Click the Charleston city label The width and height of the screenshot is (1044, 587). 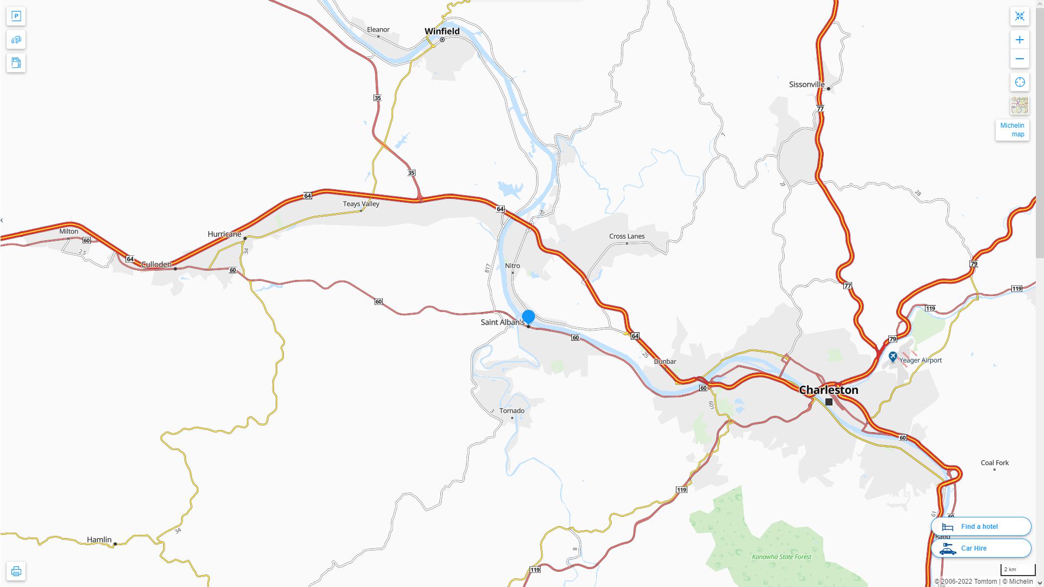[x=828, y=390]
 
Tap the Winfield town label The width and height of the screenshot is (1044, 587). [x=442, y=31]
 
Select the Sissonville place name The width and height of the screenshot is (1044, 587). [x=806, y=84]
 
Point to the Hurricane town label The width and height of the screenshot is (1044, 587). [x=224, y=234]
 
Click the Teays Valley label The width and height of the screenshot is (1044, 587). [x=361, y=204]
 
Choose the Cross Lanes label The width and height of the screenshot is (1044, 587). [x=626, y=236]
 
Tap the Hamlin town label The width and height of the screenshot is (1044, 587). [x=99, y=540]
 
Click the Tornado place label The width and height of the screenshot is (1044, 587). [x=512, y=410]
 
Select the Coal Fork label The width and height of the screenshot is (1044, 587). [x=995, y=463]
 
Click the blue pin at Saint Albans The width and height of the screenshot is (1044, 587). [x=528, y=316]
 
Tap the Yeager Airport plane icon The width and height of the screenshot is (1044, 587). [x=892, y=357]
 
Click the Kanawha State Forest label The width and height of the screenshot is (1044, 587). [x=781, y=557]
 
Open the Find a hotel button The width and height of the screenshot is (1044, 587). [x=980, y=526]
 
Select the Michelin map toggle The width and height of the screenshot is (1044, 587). [x=1012, y=130]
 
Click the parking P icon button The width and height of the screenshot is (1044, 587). [x=16, y=16]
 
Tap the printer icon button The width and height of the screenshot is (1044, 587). [x=16, y=571]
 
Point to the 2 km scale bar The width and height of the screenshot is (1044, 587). [x=1017, y=570]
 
